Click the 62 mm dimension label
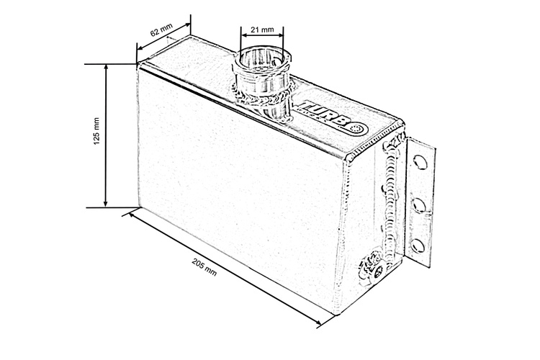click(x=163, y=32)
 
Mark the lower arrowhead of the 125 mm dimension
click(x=107, y=204)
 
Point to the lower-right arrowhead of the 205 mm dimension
click(x=320, y=325)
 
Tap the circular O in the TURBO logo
click(x=358, y=127)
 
